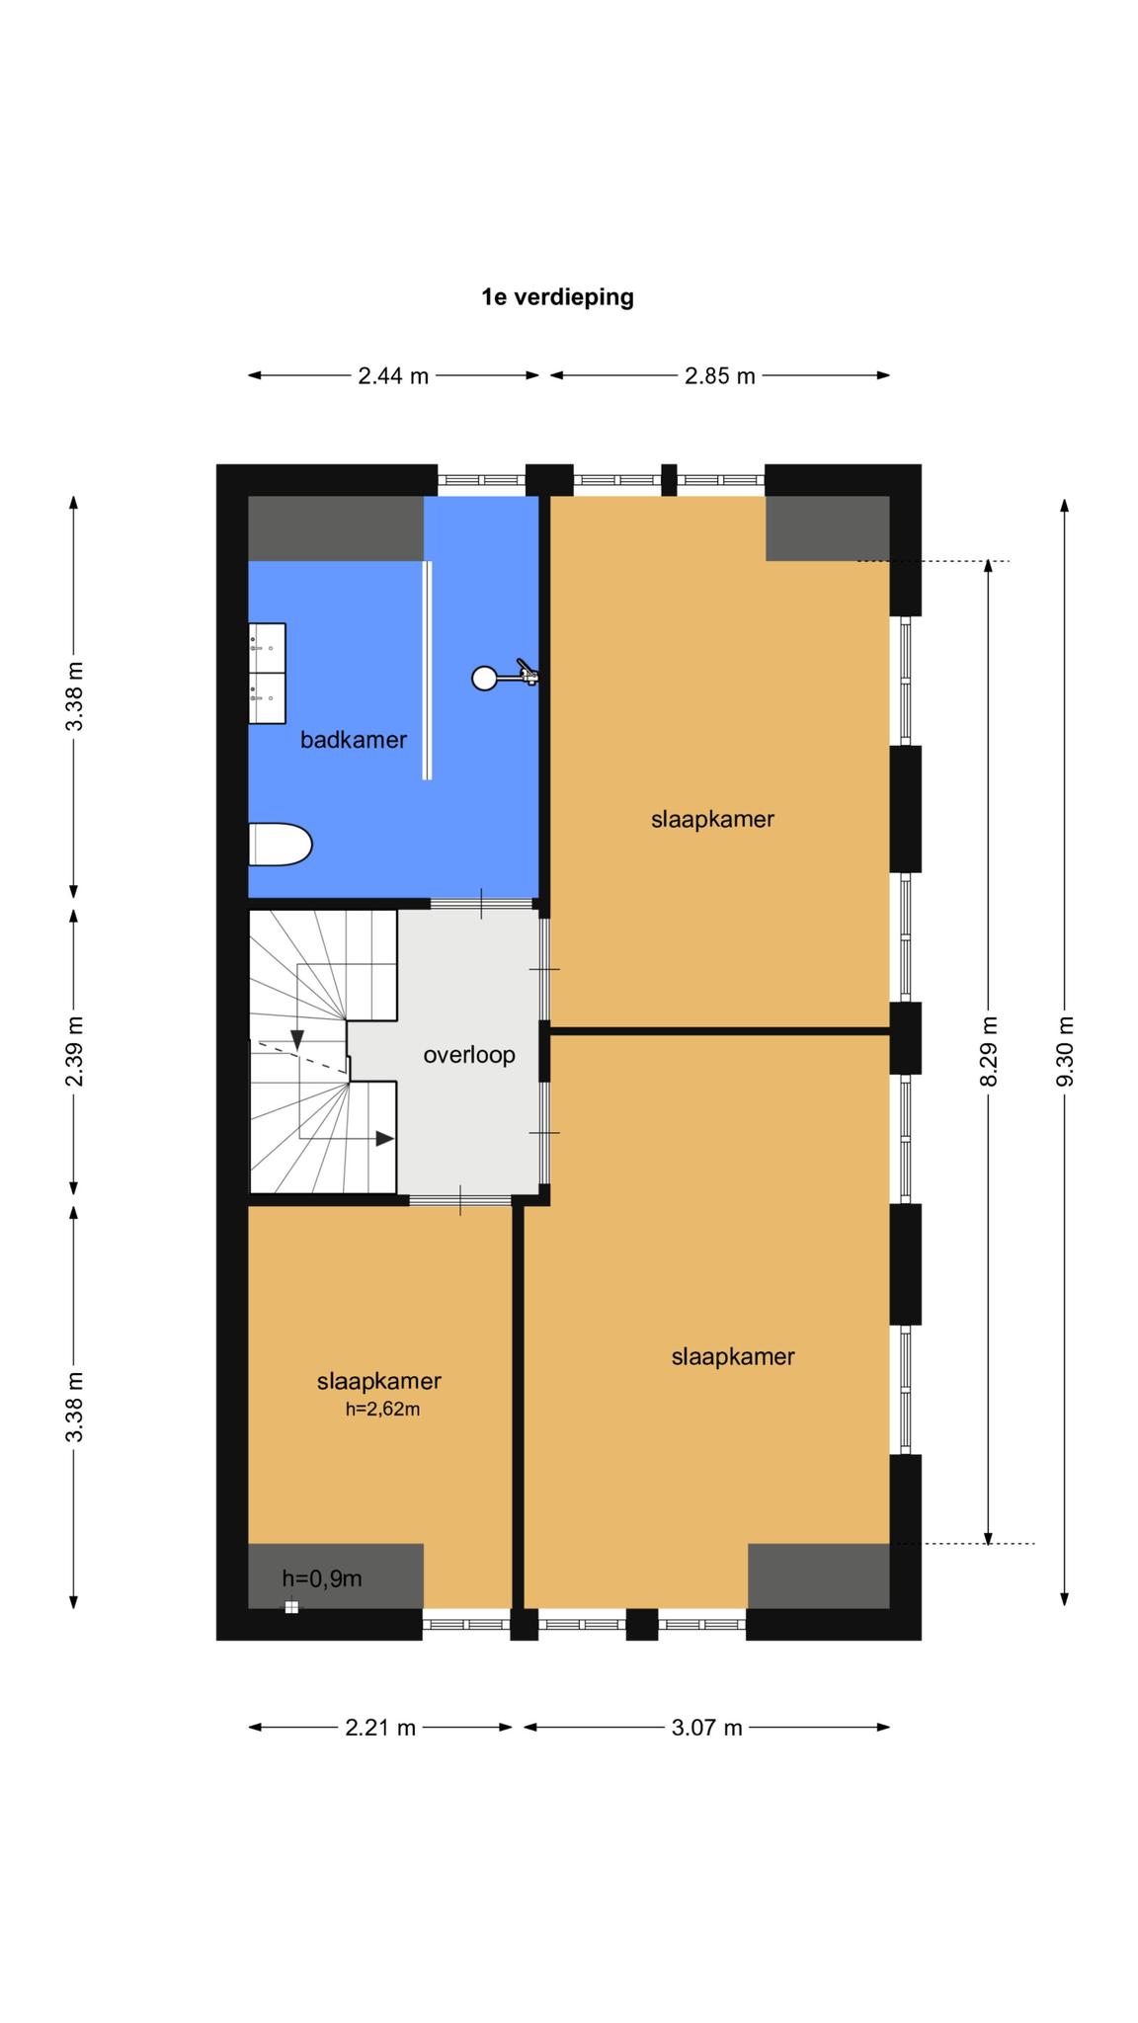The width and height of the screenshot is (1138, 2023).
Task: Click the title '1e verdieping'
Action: coord(557,296)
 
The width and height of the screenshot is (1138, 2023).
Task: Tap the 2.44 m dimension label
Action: coord(393,375)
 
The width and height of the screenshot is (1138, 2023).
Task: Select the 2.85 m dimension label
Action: coord(720,375)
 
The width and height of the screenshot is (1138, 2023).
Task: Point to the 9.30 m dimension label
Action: coord(1064,1051)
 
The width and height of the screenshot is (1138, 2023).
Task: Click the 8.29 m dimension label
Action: coord(989,1051)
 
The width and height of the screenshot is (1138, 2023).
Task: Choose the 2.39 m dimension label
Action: coord(74,1051)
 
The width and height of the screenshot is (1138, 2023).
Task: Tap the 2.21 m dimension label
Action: coord(380,1728)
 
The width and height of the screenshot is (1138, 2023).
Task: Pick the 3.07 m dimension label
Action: coord(707,1728)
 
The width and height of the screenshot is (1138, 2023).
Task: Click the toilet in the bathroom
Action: coord(281,845)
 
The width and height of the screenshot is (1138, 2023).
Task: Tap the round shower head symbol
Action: coord(484,679)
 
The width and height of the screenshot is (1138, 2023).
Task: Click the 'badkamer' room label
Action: coord(354,739)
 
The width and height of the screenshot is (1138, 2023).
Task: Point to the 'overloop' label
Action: coord(469,1055)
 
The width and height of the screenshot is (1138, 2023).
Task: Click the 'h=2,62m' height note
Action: coord(382,1410)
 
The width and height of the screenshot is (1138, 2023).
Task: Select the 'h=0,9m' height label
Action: coord(322,1578)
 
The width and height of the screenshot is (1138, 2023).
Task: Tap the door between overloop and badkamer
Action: coord(481,903)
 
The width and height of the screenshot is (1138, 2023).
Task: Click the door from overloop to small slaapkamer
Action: coord(460,1200)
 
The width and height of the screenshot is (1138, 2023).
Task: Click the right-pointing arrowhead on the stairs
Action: coord(385,1139)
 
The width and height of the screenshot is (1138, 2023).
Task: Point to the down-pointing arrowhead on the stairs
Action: coord(297,1040)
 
